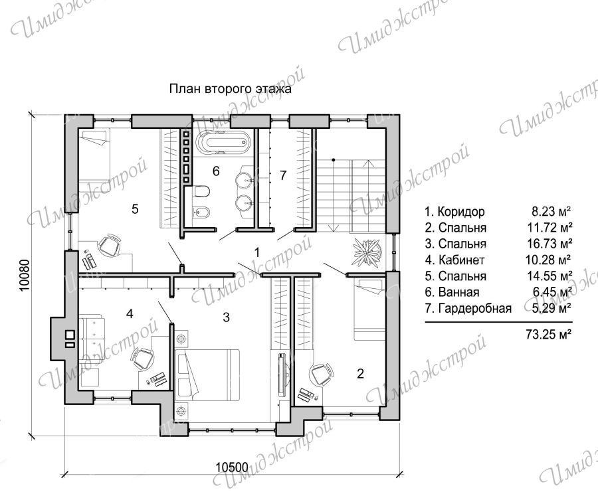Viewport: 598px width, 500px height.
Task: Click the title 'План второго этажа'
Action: pos(231,89)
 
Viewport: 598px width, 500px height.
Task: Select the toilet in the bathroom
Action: pos(201,191)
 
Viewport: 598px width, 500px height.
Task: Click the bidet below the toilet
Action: pos(201,209)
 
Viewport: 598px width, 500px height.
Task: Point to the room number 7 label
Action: pos(282,175)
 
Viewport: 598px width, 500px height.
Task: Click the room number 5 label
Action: pos(135,208)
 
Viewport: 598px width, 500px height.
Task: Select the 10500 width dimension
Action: pos(232,466)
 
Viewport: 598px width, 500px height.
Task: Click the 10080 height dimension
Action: pos(25,276)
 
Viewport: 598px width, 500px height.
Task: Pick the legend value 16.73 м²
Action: pos(548,243)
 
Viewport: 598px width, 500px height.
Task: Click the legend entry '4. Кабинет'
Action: pos(454,260)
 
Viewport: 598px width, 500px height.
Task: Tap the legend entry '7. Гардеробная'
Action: pos(468,308)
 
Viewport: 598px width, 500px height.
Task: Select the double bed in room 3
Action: pos(207,375)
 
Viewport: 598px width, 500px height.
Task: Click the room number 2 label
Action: pos(360,373)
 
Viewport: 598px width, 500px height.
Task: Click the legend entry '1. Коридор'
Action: pos(454,211)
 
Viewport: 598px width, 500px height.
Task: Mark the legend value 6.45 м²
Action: pos(551,292)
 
